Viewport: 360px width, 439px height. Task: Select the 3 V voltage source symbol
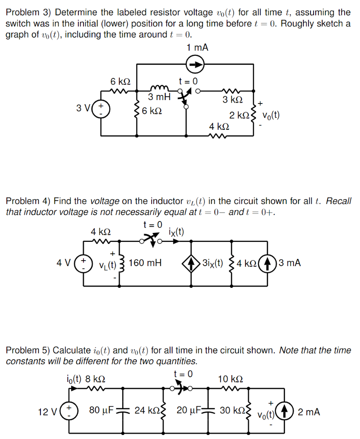[102, 107]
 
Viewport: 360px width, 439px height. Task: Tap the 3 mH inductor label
[159, 97]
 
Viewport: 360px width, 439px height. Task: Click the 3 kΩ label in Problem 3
[233, 100]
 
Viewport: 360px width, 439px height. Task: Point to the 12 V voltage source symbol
[66, 412]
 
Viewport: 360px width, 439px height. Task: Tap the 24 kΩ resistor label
[145, 411]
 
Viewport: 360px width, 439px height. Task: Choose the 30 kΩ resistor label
[230, 411]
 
